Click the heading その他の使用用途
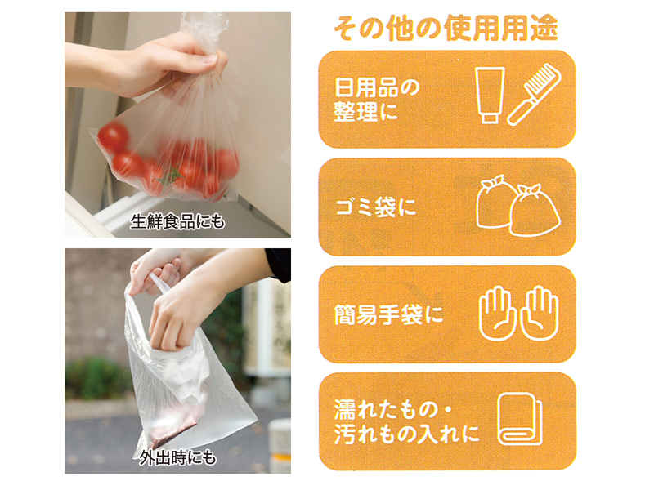[446, 28]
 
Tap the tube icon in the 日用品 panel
[490, 96]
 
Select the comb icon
[535, 94]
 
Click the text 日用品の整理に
[376, 100]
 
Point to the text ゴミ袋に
[376, 207]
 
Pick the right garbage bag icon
[535, 211]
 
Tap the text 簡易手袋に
[387, 314]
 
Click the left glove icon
[498, 314]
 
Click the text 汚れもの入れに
[406, 434]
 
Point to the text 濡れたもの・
[393, 410]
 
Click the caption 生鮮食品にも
[177, 221]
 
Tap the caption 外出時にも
[178, 458]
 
